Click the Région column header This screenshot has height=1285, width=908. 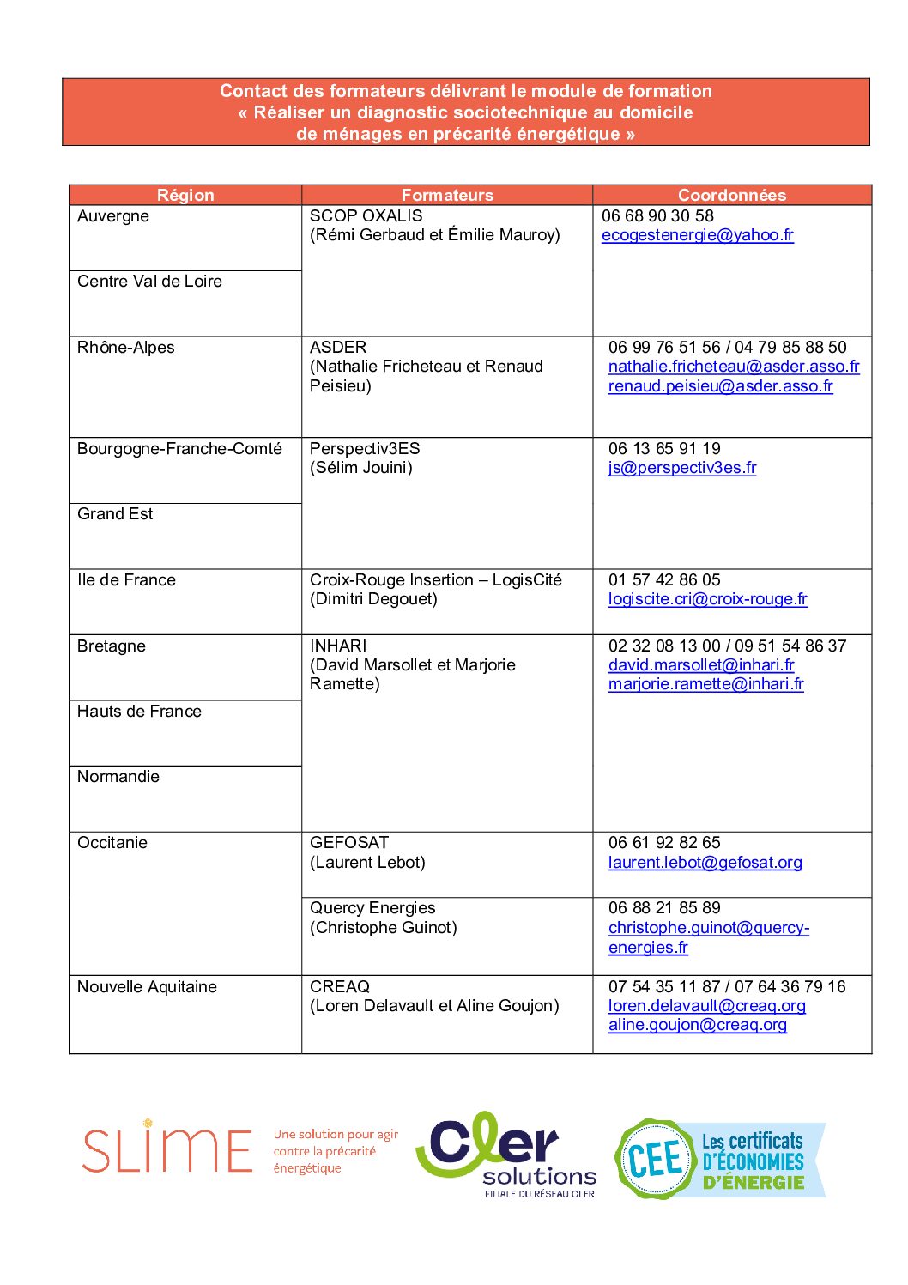point(185,195)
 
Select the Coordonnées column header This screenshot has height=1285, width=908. point(731,195)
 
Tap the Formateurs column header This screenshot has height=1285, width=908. point(447,195)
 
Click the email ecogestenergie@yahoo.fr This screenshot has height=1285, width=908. point(697,235)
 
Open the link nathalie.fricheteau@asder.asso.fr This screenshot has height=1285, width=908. point(734,367)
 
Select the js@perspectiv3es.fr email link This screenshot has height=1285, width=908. point(682,468)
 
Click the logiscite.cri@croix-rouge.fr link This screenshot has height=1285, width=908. point(707,599)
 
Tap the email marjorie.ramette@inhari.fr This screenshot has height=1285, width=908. point(705,684)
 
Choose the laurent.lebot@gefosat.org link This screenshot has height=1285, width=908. point(705,863)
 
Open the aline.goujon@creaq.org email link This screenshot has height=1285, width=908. point(697,1025)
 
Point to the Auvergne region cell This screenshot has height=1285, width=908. point(113,216)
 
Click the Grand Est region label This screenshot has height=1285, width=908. point(115,514)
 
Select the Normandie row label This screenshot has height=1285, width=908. point(118,777)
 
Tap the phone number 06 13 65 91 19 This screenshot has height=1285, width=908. point(664,449)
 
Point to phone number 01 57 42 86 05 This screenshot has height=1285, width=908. point(664,580)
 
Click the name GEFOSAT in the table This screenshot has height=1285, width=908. point(349,843)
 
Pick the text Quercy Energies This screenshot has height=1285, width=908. point(372,908)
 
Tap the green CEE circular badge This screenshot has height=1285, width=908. point(655,1159)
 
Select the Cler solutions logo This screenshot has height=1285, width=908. point(506,1154)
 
